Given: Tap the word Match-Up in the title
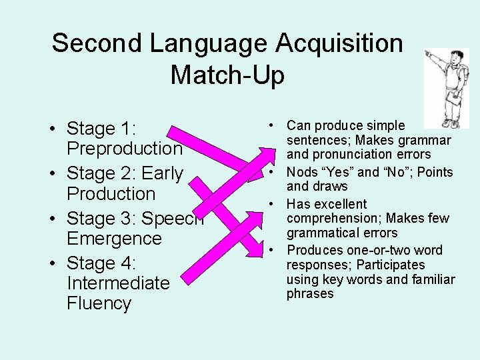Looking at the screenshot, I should click(x=227, y=75).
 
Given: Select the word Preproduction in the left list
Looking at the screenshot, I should click(x=124, y=149).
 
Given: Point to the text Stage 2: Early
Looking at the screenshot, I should click(x=125, y=173).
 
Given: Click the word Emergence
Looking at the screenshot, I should click(x=114, y=238).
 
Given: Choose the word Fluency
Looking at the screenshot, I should click(x=99, y=303).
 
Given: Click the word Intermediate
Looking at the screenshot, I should click(x=118, y=283).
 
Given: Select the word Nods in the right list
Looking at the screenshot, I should click(x=302, y=172).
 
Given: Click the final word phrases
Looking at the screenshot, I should click(x=310, y=293).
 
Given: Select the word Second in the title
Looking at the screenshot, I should click(x=97, y=44).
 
